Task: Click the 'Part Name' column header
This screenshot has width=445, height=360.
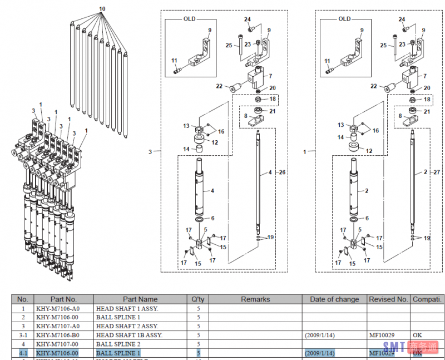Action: click(140, 299)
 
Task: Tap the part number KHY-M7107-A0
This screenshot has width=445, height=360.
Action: click(57, 326)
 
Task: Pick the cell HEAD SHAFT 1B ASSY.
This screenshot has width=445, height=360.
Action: click(129, 335)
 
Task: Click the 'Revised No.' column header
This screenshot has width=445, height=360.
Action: click(388, 299)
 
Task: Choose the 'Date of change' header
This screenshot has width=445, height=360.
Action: click(334, 299)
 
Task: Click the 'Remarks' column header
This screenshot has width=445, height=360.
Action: click(255, 299)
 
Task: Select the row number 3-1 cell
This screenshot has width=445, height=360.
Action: click(23, 335)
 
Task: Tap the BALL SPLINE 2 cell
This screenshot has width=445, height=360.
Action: click(118, 344)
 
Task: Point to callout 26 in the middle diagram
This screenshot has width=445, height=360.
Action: click(282, 172)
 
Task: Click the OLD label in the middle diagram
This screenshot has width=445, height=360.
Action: click(190, 19)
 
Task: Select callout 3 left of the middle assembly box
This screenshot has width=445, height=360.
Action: click(150, 151)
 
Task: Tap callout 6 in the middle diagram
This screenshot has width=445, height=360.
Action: click(212, 218)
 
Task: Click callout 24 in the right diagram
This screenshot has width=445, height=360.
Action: click(402, 19)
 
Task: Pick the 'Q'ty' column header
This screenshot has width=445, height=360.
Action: click(198, 299)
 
